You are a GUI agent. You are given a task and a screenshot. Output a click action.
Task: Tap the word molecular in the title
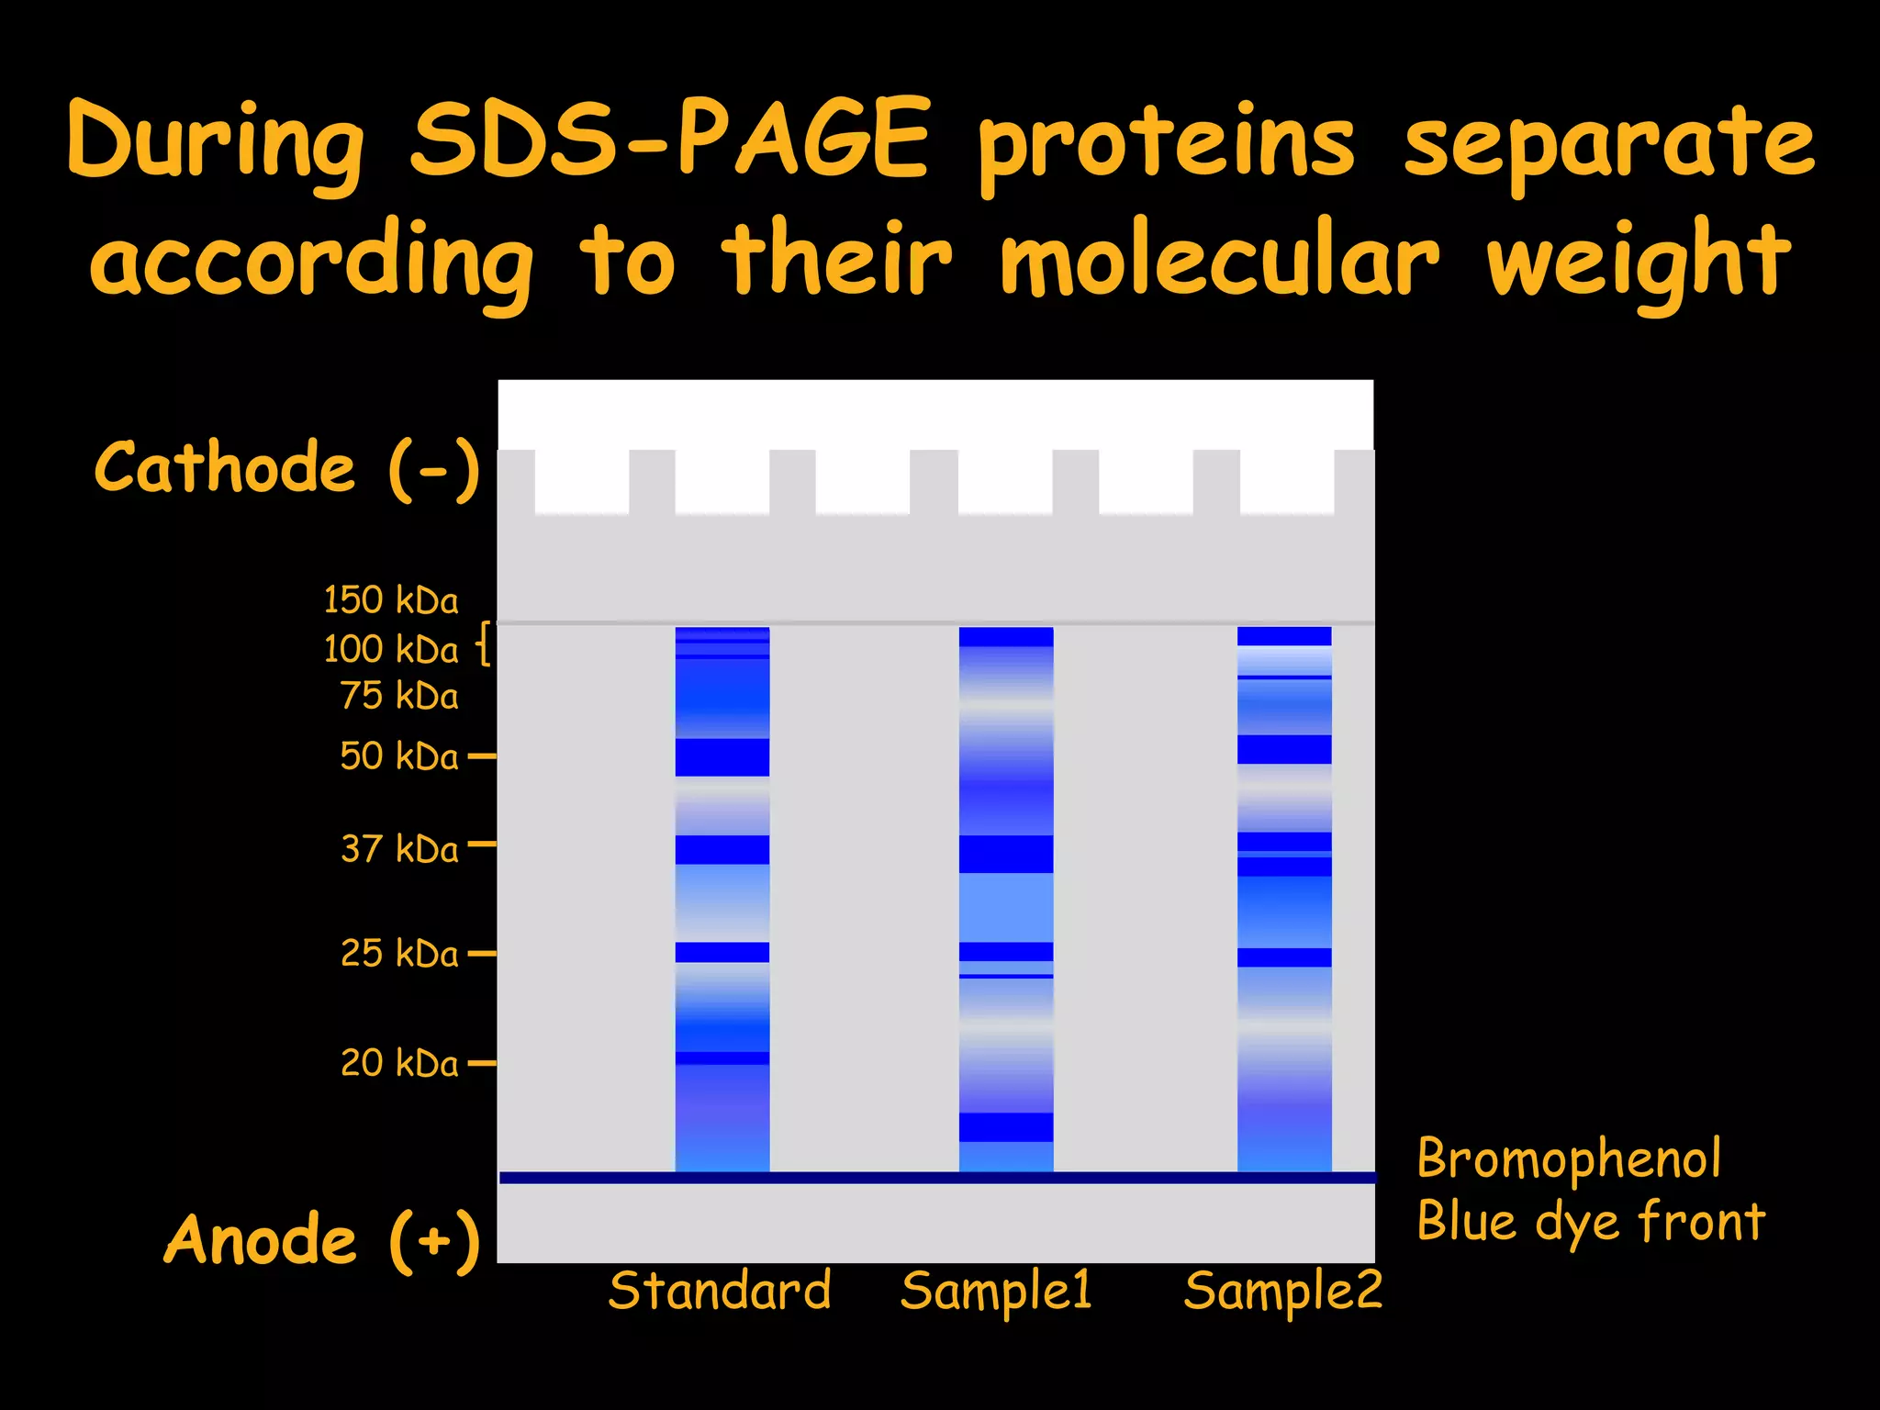[1219, 262]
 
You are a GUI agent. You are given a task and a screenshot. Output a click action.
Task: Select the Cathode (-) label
[286, 468]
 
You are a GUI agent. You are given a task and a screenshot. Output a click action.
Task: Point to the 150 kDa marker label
[390, 600]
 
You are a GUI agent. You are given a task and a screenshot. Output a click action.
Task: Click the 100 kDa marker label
[390, 650]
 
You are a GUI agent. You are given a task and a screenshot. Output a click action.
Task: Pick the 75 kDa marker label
[398, 697]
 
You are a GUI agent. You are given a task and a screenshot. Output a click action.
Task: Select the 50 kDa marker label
[398, 757]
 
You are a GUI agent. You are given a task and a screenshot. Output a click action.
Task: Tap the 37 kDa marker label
[398, 849]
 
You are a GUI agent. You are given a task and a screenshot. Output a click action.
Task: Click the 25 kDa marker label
[398, 954]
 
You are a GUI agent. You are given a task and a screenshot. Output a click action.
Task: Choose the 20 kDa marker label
[398, 1063]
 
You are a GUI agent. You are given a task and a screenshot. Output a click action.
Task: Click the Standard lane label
[720, 1291]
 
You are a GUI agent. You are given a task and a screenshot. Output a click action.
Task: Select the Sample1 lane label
[996, 1291]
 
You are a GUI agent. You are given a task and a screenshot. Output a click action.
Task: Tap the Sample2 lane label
[1282, 1291]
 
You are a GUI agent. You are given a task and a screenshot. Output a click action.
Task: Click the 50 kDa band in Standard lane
[722, 757]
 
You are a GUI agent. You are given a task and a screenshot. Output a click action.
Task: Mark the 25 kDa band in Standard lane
[722, 952]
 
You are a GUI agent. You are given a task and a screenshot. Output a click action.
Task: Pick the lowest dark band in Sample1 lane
[1006, 1127]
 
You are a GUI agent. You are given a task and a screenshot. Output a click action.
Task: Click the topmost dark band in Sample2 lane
[1284, 636]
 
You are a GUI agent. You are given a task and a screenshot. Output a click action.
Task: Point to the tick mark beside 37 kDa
[482, 843]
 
